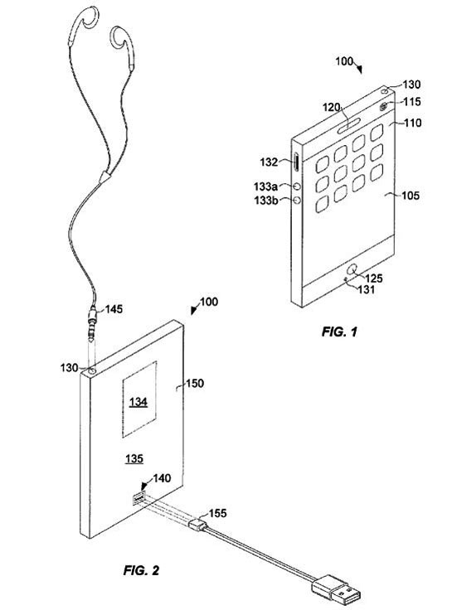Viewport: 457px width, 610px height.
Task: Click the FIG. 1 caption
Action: [339, 332]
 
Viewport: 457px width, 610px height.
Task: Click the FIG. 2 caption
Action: [141, 570]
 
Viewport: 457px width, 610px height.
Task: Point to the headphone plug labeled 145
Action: [93, 321]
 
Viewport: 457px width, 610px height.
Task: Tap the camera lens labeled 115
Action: [384, 105]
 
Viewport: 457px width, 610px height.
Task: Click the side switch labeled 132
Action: [297, 163]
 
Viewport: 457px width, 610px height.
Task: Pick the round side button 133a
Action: [298, 186]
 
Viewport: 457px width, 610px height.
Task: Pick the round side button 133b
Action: [298, 200]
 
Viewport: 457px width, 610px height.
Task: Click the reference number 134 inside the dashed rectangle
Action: [139, 401]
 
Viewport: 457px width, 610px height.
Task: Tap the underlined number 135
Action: [134, 458]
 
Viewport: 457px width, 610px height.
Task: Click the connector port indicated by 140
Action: [139, 498]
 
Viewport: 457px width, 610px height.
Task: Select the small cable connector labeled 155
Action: [198, 524]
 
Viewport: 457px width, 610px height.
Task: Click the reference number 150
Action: [195, 383]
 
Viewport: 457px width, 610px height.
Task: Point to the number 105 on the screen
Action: [411, 195]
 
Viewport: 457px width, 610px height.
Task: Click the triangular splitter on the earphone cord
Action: [105, 177]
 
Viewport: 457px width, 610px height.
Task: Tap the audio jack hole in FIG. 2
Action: [92, 371]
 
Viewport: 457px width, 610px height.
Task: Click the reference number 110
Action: [412, 123]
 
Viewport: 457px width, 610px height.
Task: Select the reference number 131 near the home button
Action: [366, 289]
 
